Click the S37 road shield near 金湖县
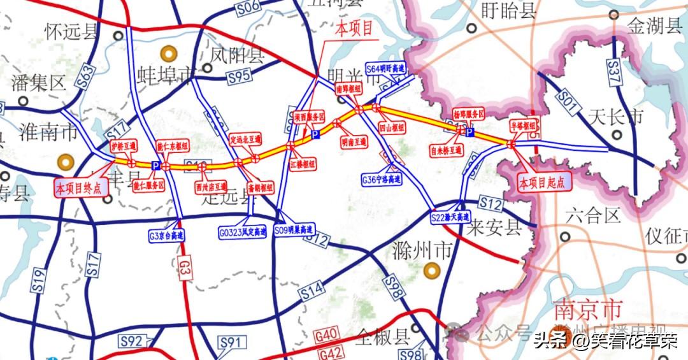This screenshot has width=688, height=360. pyautogui.click(x=614, y=66)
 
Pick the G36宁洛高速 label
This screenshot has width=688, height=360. pyautogui.click(x=382, y=180)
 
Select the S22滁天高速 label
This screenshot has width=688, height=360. pyautogui.click(x=450, y=218)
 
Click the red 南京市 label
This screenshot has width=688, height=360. pyautogui.click(x=587, y=310)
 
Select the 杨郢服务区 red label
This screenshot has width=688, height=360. pyautogui.click(x=469, y=113)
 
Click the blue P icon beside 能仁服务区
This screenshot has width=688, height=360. pyautogui.click(x=155, y=166)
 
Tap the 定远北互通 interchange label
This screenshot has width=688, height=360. pyautogui.click(x=246, y=138)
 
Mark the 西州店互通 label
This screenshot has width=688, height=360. pyautogui.click(x=211, y=187)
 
